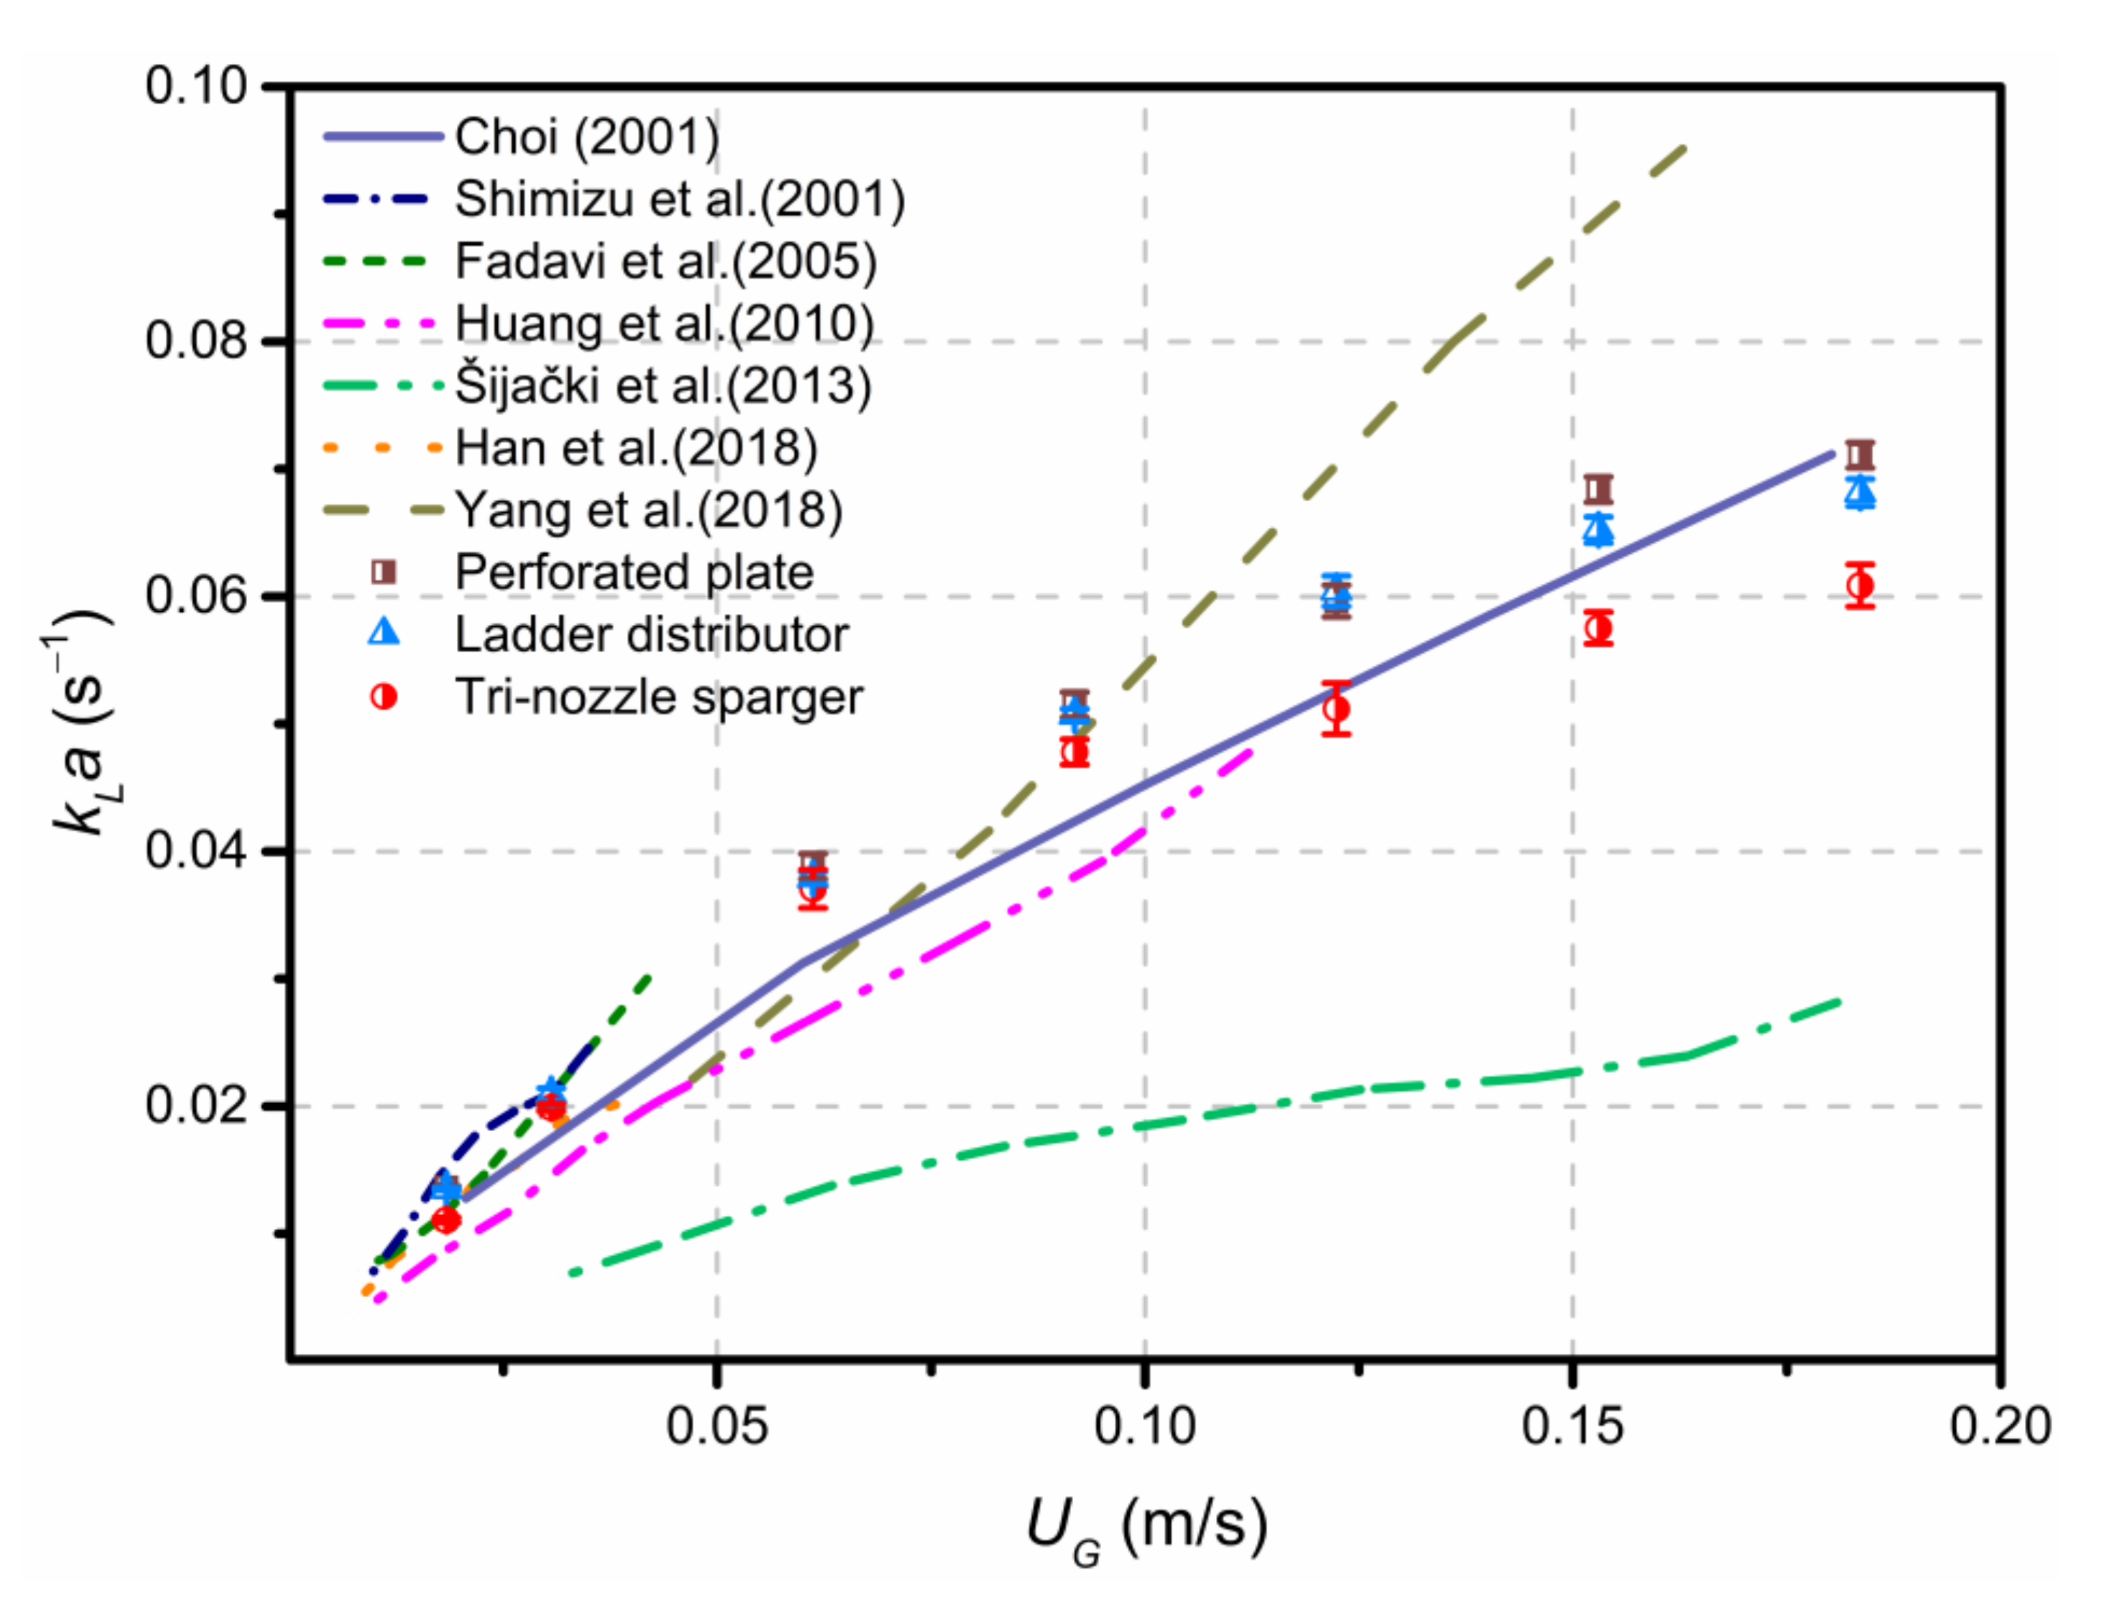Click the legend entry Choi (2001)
click(587, 137)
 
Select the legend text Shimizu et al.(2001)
click(679, 200)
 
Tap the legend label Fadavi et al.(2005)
click(665, 261)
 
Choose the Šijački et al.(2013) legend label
click(663, 386)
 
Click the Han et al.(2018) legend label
click(636, 447)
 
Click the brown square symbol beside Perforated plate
click(384, 572)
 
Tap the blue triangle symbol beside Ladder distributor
click(384, 633)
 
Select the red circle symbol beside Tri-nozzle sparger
click(384, 697)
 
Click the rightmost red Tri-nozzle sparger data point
click(1860, 586)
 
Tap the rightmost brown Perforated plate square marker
click(1860, 454)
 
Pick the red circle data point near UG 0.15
click(1598, 628)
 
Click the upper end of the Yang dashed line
click(1684, 148)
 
